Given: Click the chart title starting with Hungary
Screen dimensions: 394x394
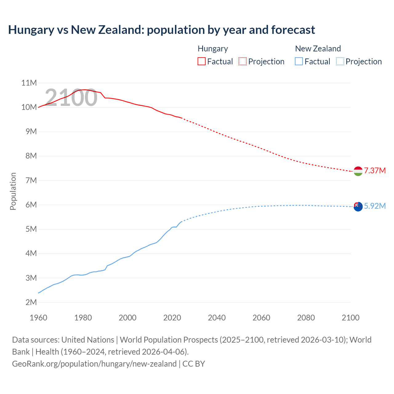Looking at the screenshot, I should tap(162, 30).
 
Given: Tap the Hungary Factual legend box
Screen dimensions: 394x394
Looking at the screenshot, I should tap(201, 61).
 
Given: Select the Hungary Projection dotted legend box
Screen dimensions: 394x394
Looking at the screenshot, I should tap(243, 61).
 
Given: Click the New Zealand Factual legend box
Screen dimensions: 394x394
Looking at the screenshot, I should tap(299, 61).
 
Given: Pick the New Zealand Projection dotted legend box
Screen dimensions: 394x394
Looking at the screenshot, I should tap(340, 61).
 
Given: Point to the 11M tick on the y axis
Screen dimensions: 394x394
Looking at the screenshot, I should tap(29, 83).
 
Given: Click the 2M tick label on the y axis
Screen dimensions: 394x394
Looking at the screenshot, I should tap(31, 302).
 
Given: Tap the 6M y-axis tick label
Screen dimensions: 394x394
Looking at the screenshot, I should tap(31, 205).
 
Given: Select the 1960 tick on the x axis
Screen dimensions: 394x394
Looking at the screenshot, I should tap(38, 318).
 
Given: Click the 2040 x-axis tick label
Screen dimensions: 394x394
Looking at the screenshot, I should tap(217, 318).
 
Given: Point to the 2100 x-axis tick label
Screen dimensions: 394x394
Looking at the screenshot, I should tap(350, 318).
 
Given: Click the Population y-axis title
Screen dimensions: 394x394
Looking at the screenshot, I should tap(13, 191).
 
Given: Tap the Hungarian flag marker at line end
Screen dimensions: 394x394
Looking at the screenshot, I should tap(358, 171).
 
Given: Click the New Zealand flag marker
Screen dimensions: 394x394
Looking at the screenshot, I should tap(358, 207).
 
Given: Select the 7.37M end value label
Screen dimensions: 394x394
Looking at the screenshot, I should tap(375, 171).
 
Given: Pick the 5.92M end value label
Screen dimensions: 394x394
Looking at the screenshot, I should tap(375, 206).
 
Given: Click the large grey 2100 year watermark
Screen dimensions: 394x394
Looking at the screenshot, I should tap(71, 98).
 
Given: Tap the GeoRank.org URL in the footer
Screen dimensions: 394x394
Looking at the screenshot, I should tap(94, 364).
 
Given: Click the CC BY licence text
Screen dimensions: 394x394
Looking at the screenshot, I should tap(194, 364).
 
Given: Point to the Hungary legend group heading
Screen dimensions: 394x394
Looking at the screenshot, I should tap(213, 49).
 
